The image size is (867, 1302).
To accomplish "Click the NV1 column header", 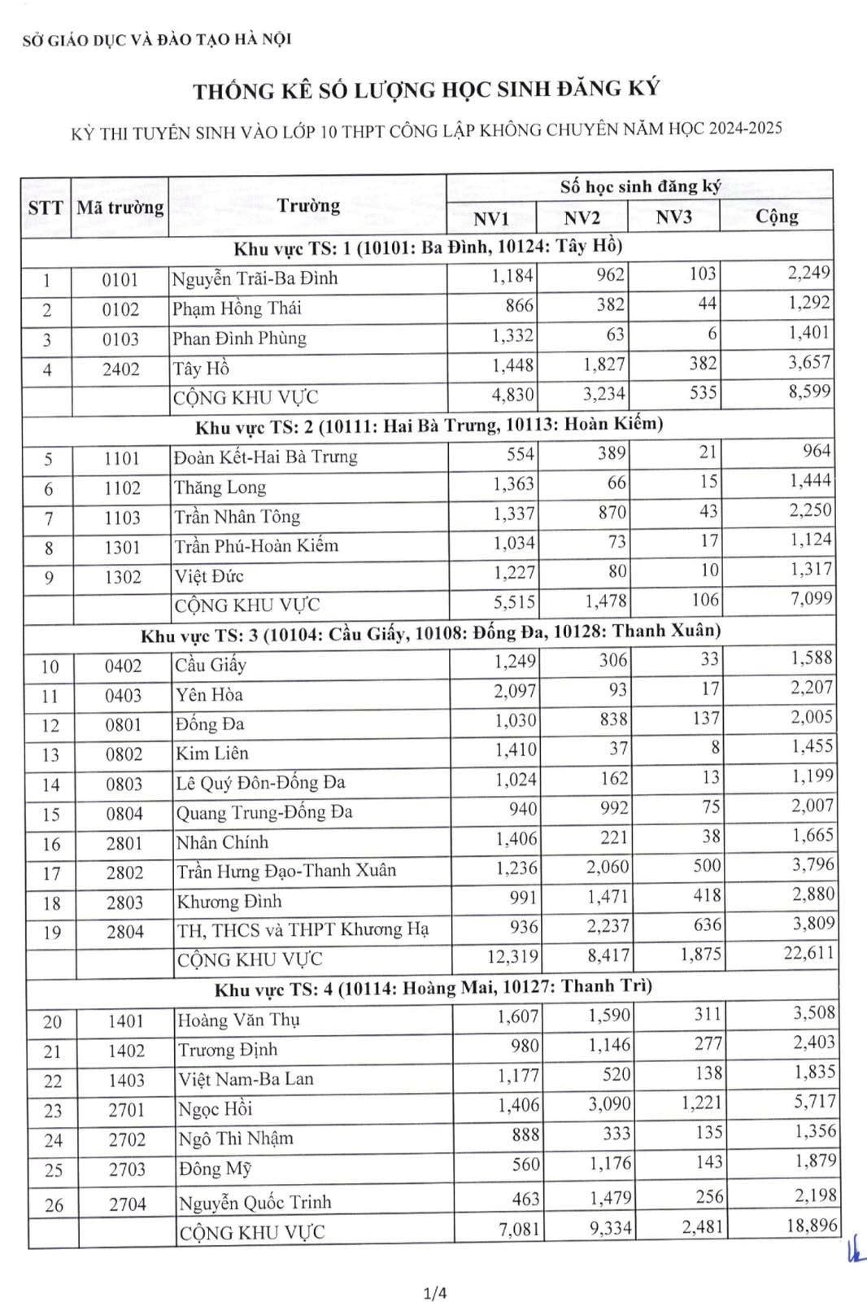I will point(491,218).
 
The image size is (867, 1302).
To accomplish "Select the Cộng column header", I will point(777,216).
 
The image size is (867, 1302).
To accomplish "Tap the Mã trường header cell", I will point(120,208).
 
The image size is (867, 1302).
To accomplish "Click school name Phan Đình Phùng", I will point(239,339).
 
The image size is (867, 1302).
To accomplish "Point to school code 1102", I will point(122,488).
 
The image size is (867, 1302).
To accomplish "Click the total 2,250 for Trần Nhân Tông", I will point(810,511).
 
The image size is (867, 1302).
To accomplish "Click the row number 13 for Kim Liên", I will point(50,755).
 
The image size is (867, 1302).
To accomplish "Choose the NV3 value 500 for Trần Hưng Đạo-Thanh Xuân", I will point(707,866).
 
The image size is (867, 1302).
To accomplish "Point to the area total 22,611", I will point(808,952).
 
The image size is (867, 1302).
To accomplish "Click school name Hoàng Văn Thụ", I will point(239,1020).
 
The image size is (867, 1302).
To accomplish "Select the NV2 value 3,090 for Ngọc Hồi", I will point(609,1103).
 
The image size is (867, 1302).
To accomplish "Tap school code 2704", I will point(127,1204).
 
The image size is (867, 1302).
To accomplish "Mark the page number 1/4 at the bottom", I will point(435,1292).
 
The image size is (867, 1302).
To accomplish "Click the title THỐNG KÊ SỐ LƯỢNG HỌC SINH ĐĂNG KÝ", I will point(426,90).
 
